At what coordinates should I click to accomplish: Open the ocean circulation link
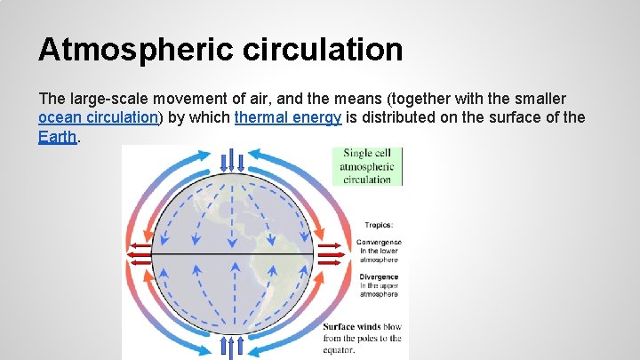pos(99,117)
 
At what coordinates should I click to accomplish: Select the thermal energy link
pos(288,117)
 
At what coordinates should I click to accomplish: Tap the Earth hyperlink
pos(58,137)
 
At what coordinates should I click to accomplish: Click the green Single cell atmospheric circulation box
pos(367,166)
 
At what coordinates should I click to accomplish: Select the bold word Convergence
pos(379,242)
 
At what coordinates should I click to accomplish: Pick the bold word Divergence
pos(379,276)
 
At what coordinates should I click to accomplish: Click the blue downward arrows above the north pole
pos(232,161)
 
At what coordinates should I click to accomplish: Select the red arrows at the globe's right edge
pos(331,255)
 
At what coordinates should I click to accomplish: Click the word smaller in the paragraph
pos(539,98)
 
